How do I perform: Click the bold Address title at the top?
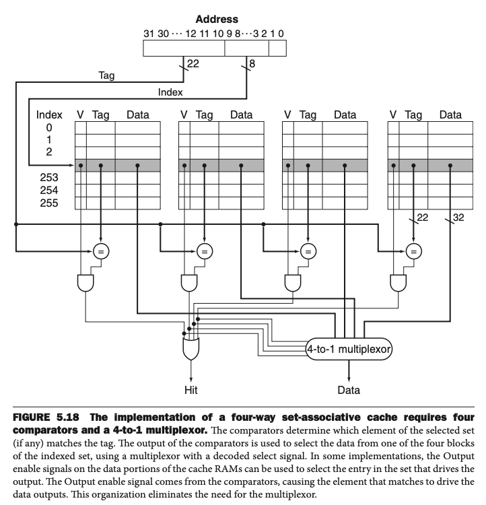click(x=217, y=20)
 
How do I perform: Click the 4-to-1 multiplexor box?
click(x=349, y=349)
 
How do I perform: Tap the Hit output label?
click(x=191, y=389)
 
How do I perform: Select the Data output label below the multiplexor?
click(x=348, y=389)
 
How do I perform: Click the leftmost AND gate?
click(x=86, y=283)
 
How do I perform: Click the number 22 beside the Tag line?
click(x=193, y=64)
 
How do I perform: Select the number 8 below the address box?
click(x=252, y=64)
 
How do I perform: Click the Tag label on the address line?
click(x=106, y=75)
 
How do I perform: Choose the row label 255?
click(x=49, y=202)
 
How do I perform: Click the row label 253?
click(x=49, y=177)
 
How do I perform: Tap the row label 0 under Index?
click(x=49, y=127)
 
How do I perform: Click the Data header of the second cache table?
click(x=241, y=114)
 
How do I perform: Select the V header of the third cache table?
click(x=287, y=114)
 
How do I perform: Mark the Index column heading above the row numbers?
click(x=49, y=114)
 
